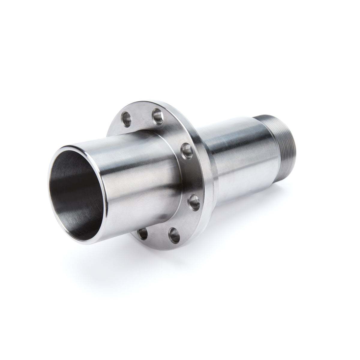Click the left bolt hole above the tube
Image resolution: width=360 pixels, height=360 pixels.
tap(127, 116)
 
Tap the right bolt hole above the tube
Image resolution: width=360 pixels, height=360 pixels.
tap(157, 114)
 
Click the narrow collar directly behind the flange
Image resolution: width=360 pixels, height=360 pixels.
tap(210, 168)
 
